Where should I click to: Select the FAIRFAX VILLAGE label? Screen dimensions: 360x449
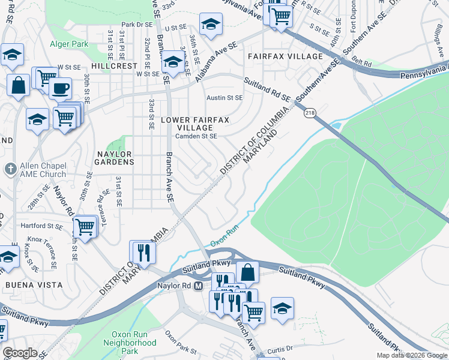coord(285,56)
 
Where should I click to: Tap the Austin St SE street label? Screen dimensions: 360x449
coord(224,97)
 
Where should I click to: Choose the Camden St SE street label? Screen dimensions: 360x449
coord(196,136)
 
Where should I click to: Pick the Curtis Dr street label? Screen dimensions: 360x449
coord(280,348)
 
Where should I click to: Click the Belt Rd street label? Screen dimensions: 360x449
coord(363,61)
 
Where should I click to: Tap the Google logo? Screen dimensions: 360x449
coord(20,352)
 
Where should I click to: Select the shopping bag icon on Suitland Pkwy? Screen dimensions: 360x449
coord(247,272)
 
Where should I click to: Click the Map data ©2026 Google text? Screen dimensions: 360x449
coord(411,355)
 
